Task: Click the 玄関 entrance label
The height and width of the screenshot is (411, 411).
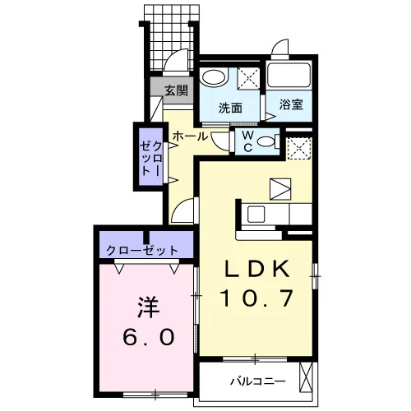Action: [177, 90]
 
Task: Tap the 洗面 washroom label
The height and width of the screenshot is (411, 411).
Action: [230, 109]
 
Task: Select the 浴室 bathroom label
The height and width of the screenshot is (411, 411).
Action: [291, 104]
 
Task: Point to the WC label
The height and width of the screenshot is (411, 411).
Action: [248, 141]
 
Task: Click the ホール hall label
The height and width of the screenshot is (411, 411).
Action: [191, 136]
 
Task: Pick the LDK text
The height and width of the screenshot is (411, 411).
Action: [257, 269]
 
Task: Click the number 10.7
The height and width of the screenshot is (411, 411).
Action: [256, 298]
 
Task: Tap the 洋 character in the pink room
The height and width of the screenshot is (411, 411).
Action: [149, 307]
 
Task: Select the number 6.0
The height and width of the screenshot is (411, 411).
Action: [149, 337]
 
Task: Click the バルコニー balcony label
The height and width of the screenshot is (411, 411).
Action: [258, 381]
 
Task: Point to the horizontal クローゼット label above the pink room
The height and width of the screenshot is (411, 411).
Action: [142, 250]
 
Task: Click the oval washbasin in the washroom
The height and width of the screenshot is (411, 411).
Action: [214, 77]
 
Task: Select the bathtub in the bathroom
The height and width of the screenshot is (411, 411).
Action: [289, 76]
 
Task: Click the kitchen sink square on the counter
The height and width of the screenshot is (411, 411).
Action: [256, 215]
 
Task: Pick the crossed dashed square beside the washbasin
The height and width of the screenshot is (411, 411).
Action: [248, 78]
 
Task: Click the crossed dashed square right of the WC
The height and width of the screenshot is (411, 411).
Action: [299, 148]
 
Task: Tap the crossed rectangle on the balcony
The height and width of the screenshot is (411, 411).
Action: [306, 377]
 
